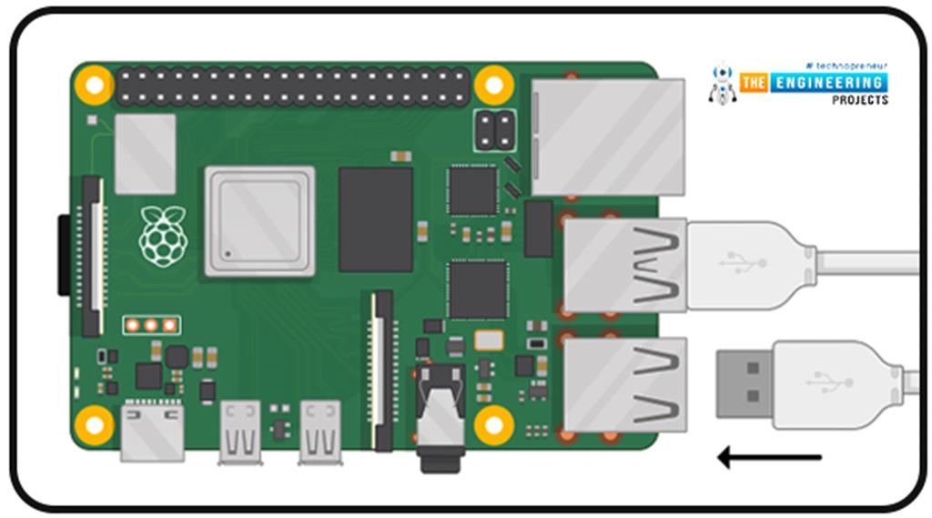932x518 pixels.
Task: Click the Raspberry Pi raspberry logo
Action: coord(163,236)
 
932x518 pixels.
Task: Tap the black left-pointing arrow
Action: coord(770,457)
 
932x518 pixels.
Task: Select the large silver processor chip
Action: coord(259,221)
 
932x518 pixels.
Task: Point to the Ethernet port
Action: coord(607,137)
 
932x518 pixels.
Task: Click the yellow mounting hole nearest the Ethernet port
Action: coord(494,85)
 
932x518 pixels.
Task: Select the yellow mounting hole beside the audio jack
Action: coord(494,424)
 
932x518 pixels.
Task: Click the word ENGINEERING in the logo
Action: coord(827,83)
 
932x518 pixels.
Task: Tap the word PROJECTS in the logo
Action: coord(859,100)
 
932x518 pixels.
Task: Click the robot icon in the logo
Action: coord(723,84)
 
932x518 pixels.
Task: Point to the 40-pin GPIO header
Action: coord(292,86)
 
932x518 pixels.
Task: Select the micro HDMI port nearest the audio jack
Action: coord(321,431)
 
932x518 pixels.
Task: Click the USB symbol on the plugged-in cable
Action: coord(743,263)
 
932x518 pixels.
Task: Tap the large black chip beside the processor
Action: coord(375,219)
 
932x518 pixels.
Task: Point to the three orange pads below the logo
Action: coord(151,325)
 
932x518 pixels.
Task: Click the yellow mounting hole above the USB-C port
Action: coord(94,424)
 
